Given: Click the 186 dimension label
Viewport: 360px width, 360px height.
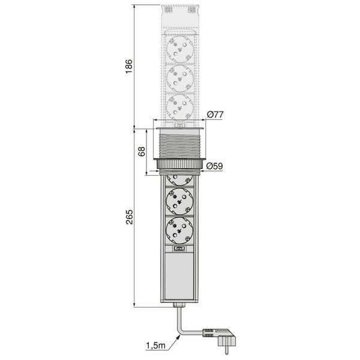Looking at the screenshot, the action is tap(129, 67).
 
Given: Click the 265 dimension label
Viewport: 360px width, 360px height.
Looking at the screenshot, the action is tap(129, 217).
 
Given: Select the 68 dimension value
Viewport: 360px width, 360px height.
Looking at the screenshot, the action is tap(142, 151).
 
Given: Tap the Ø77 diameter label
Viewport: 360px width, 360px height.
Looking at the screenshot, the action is tap(215, 115).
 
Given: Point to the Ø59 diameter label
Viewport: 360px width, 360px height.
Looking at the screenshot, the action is tap(214, 166).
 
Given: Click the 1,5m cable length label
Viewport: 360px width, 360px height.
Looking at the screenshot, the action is tap(155, 346).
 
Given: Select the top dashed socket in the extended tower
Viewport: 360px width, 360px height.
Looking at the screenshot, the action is tap(180, 49).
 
